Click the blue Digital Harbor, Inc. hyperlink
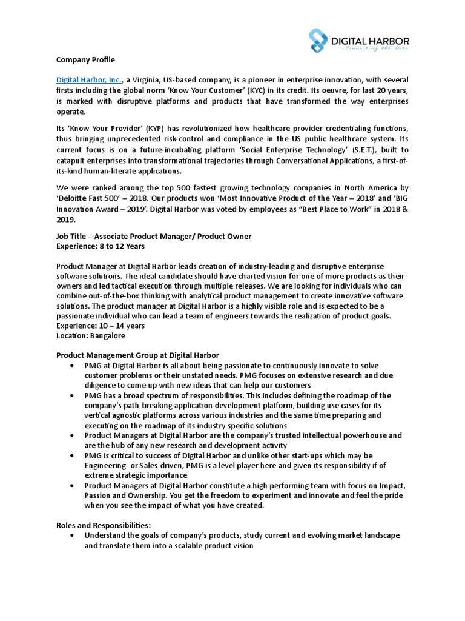90,80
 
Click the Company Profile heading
85,59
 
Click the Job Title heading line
154,236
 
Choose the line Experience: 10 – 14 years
101,326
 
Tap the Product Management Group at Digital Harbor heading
137,355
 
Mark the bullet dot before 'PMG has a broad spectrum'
73,395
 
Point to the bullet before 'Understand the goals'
73,536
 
